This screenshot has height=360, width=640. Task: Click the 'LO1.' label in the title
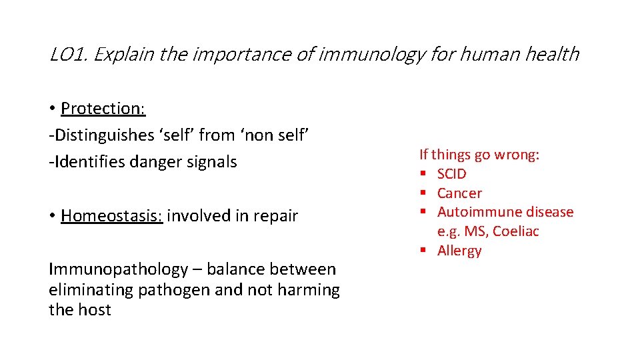(69, 54)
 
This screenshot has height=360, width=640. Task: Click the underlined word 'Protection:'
(103, 108)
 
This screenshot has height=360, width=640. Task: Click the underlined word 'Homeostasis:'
(111, 216)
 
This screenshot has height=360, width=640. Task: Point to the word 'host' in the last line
(93, 310)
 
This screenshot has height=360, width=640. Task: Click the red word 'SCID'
(452, 174)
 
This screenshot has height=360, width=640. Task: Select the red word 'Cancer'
(459, 193)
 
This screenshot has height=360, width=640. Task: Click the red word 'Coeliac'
(516, 231)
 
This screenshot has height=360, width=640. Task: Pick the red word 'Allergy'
(459, 251)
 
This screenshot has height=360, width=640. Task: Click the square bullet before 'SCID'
(423, 174)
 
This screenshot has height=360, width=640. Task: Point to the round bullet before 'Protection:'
(52, 109)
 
